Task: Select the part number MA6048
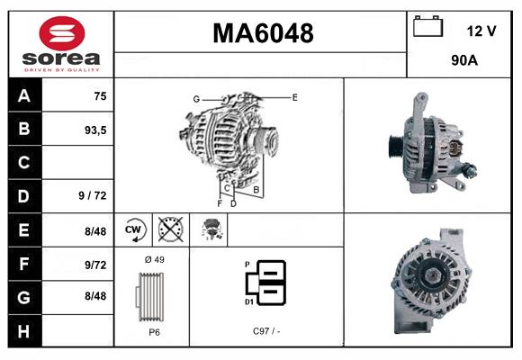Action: click(263, 33)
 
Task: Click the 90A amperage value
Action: click(464, 62)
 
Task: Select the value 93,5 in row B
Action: click(94, 130)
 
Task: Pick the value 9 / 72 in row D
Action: click(93, 196)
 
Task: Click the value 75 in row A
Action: click(100, 96)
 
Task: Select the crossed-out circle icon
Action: click(169, 230)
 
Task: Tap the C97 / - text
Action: click(266, 331)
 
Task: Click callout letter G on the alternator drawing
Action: click(195, 98)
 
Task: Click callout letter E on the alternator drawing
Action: click(294, 96)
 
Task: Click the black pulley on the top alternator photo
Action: click(393, 144)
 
